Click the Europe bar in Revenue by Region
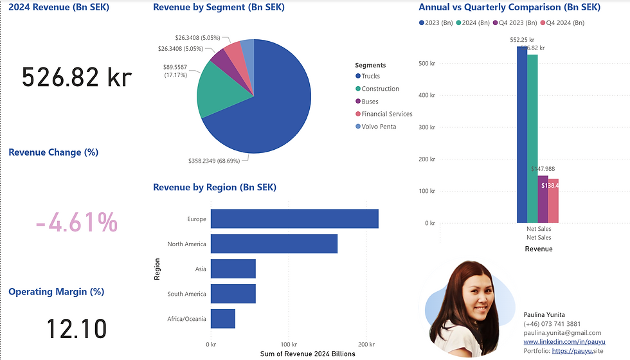(294, 219)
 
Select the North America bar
(274, 244)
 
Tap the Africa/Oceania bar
(222, 319)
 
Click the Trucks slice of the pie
(270, 109)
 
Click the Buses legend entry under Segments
(370, 102)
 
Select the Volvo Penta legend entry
(379, 127)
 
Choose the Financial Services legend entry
(386, 114)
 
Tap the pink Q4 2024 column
(553, 200)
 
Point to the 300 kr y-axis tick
(428, 127)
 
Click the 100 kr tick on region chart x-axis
(289, 345)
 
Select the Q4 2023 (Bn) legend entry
(514, 23)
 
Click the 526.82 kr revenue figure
(76, 77)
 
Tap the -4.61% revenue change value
(76, 223)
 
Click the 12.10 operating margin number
(76, 329)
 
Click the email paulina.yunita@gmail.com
(562, 333)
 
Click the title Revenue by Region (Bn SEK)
(215, 188)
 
